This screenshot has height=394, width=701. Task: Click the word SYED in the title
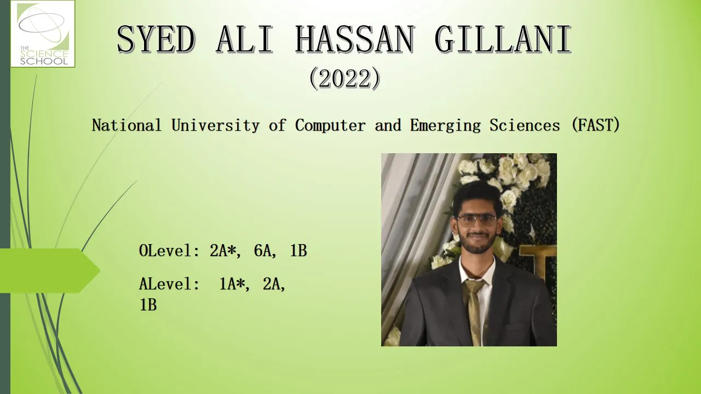pos(156,39)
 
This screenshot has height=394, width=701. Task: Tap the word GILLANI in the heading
pos(503,39)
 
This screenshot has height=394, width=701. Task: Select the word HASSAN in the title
pos(355,39)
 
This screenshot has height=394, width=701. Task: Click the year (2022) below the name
pos(344,78)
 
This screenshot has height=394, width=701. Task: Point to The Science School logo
pos(43,34)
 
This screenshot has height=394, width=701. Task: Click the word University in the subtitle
pos(215,125)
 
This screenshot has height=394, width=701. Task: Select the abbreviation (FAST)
pos(595,125)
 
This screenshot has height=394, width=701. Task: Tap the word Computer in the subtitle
pos(330,126)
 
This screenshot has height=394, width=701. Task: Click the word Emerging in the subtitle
pos(445,126)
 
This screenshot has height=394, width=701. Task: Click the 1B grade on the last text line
pos(148,305)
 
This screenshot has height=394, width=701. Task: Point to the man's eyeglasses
pos(477,220)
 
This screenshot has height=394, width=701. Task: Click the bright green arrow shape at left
pos(49,270)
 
